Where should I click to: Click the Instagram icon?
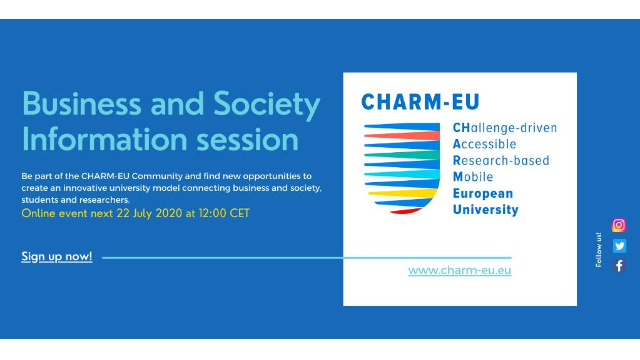pyautogui.click(x=619, y=226)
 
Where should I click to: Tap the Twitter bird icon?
pyautogui.click(x=619, y=246)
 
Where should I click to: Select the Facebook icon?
pyautogui.click(x=619, y=265)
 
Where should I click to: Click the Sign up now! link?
pyautogui.click(x=57, y=257)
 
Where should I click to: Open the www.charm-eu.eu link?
pyautogui.click(x=459, y=270)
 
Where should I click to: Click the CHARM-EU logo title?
pyautogui.click(x=420, y=101)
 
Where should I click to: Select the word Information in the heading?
pyautogui.click(x=102, y=137)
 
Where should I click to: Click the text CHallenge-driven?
pyautogui.click(x=505, y=128)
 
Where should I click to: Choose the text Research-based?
pyautogui.click(x=501, y=160)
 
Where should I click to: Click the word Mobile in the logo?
pyautogui.click(x=473, y=176)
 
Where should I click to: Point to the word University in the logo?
pyautogui.click(x=485, y=209)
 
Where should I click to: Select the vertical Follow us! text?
pyautogui.click(x=599, y=249)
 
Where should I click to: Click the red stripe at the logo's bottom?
pyautogui.click(x=405, y=210)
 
